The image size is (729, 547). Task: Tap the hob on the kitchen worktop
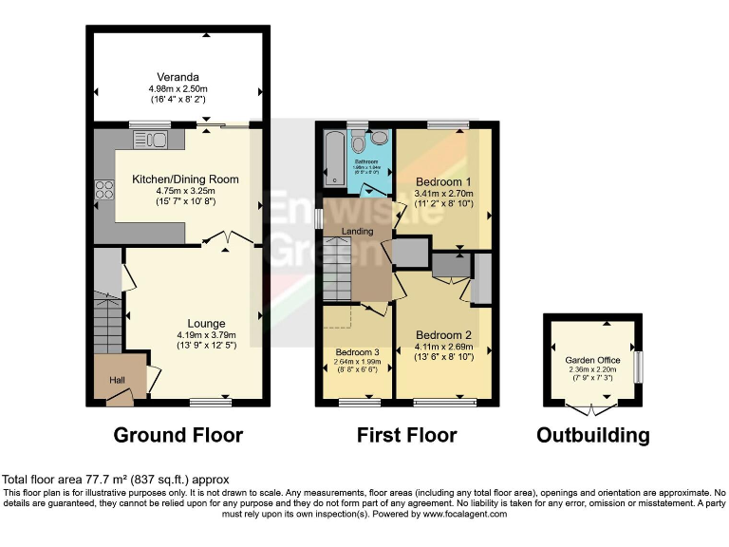point(103,192)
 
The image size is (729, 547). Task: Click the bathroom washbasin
point(379,139)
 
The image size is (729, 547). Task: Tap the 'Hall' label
point(118,380)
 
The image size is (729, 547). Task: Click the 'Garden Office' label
point(591,361)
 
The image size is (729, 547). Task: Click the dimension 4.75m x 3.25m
point(184,191)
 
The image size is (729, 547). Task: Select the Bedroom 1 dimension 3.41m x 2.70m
point(443,193)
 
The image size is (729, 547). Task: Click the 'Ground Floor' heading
point(178,436)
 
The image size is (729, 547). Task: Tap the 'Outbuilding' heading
point(592,436)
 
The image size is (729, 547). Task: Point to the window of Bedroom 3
point(357,402)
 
